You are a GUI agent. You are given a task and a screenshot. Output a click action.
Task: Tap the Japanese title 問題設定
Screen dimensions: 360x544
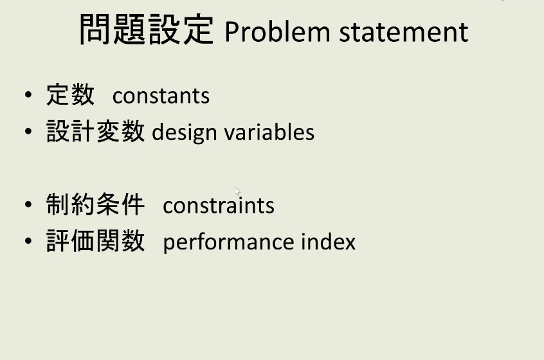tap(146, 30)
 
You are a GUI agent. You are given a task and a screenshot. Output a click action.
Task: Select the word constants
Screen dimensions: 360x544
tap(161, 96)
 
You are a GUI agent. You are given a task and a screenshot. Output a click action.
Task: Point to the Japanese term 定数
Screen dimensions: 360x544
tap(70, 95)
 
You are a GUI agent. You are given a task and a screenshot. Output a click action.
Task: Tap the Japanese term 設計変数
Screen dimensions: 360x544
tap(95, 132)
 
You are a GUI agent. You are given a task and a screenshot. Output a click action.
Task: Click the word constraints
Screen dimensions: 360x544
tap(219, 205)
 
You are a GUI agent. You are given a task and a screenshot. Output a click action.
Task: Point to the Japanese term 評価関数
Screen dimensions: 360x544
tap(95, 242)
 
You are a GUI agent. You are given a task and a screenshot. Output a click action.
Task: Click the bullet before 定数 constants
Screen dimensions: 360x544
tap(28, 96)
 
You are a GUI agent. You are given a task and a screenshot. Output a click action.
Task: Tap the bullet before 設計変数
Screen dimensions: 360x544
tap(28, 132)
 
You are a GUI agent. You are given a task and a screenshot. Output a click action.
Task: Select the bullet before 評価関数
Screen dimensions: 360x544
tap(28, 242)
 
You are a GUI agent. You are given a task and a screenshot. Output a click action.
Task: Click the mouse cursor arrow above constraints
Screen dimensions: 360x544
tap(237, 191)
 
